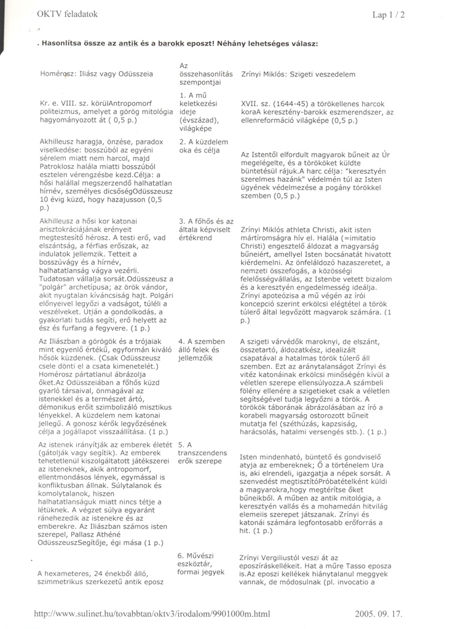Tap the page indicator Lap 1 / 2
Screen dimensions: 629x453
click(x=388, y=15)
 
